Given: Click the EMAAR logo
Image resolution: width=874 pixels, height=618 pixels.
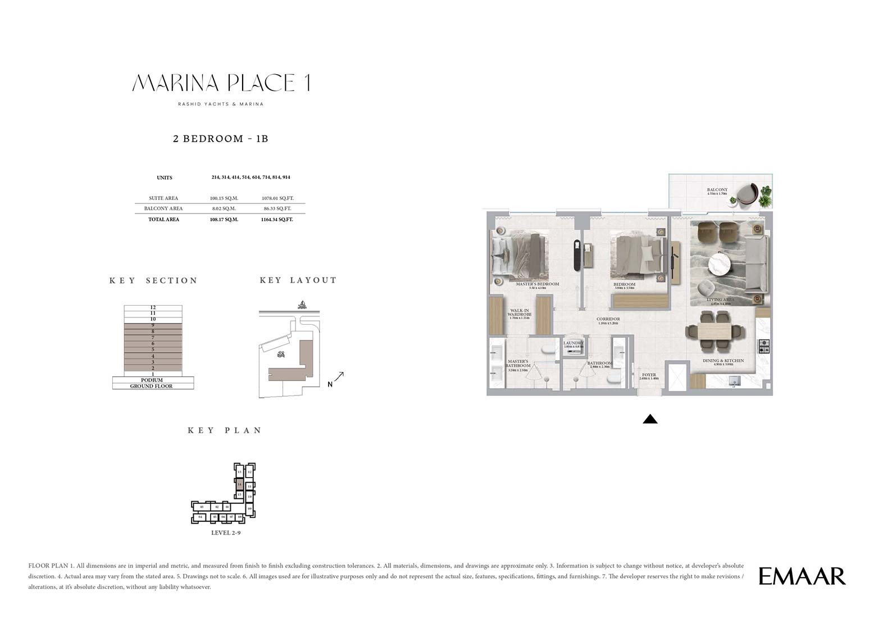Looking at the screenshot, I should tap(802, 576).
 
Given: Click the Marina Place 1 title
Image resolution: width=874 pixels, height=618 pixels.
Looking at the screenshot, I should tap(221, 83).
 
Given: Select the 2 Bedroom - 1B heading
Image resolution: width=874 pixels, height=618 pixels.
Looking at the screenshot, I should tap(220, 139).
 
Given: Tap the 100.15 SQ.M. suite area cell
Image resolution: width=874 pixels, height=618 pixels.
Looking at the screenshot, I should tap(224, 198).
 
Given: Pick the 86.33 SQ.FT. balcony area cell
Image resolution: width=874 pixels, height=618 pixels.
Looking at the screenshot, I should tap(277, 208).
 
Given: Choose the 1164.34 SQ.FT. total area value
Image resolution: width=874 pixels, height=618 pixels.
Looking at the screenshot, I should tap(277, 220).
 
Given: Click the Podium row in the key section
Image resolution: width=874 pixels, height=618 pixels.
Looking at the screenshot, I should tap(152, 380).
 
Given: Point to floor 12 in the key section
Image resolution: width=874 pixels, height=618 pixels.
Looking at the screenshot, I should tap(153, 307).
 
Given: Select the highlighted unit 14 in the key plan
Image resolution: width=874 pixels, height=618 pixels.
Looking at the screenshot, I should tap(239, 484).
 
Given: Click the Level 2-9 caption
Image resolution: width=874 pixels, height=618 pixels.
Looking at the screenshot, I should tap(226, 533).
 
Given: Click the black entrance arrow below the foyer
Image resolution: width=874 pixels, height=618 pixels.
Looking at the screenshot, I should tap(650, 419).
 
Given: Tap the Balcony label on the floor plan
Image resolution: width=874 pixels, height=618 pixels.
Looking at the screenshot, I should tap(717, 190).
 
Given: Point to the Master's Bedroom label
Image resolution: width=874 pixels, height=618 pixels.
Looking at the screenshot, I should tap(538, 284).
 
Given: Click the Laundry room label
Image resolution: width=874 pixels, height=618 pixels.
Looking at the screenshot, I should tap(573, 343).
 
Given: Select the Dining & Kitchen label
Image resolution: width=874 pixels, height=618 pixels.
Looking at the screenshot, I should tap(723, 361).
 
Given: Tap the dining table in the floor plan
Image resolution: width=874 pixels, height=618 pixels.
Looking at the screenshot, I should tap(714, 332).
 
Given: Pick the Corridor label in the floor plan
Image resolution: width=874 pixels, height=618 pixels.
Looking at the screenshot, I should tap(608, 319).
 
